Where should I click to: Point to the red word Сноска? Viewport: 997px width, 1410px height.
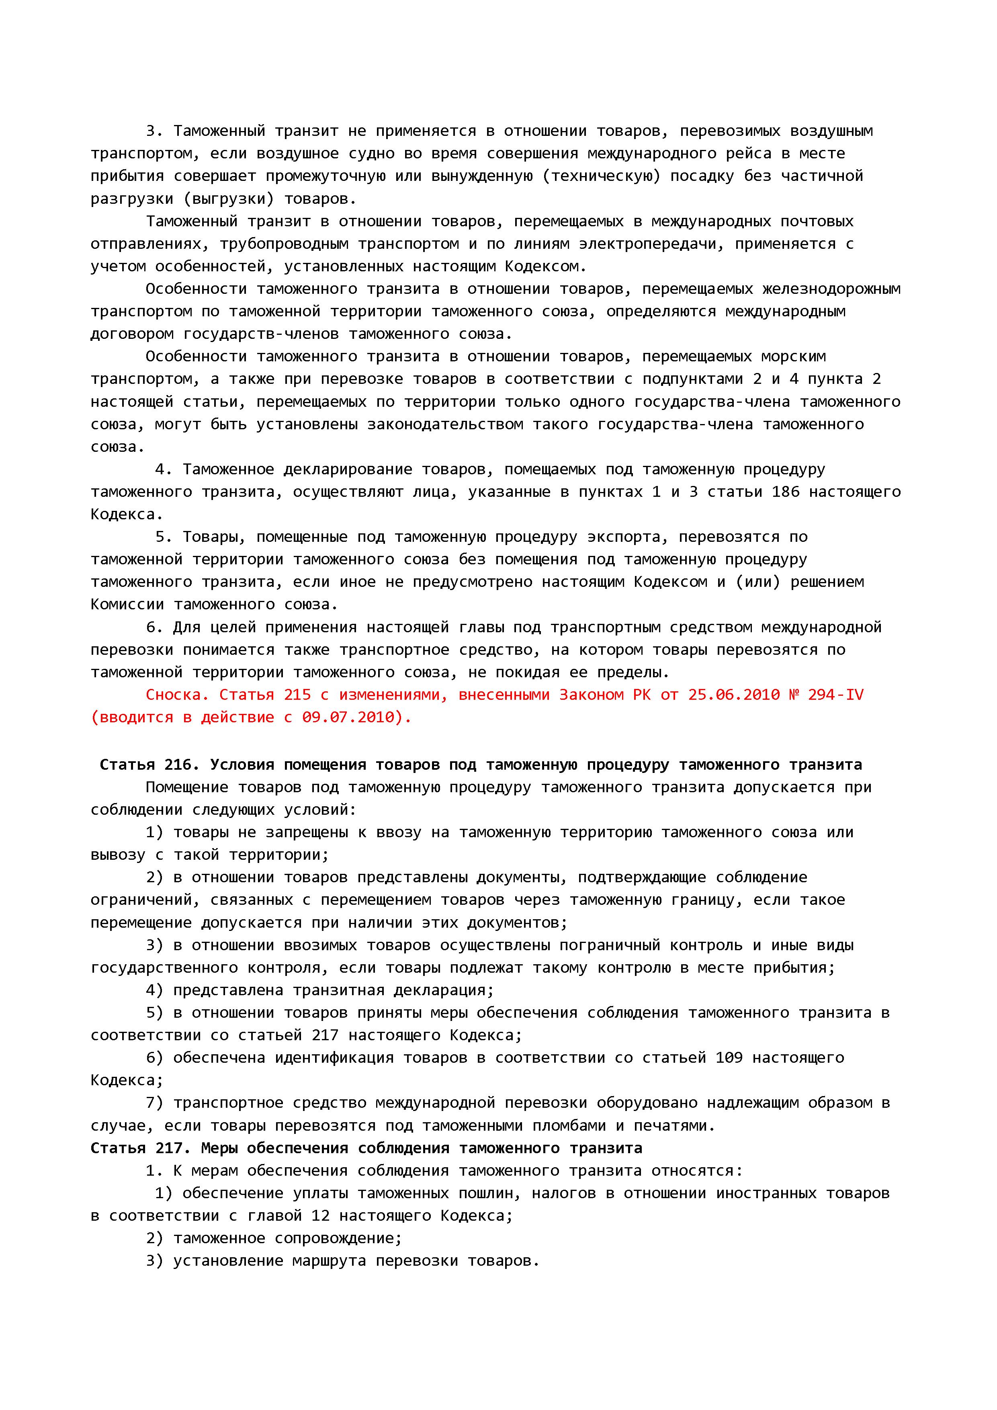(x=178, y=695)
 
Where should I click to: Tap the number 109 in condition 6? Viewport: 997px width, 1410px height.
(x=729, y=1057)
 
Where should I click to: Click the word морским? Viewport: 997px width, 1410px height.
(x=793, y=356)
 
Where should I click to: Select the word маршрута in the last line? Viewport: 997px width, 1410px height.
(x=329, y=1261)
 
